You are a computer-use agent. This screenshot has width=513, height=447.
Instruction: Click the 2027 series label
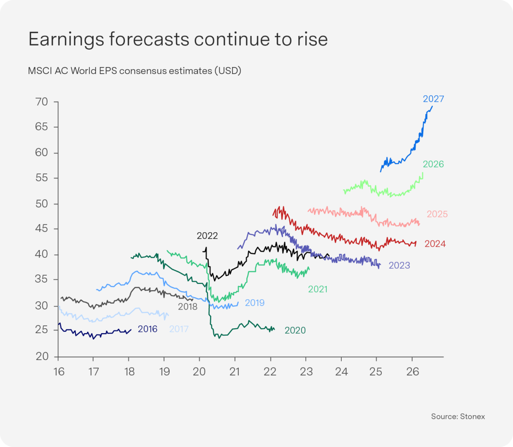(x=433, y=99)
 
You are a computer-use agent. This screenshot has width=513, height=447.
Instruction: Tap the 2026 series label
(x=433, y=164)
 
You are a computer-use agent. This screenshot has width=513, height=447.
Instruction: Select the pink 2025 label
(x=437, y=214)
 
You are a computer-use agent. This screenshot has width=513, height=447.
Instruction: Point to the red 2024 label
(x=435, y=244)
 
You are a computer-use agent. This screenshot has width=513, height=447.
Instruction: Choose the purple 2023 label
(x=399, y=265)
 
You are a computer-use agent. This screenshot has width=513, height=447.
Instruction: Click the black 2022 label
(x=207, y=236)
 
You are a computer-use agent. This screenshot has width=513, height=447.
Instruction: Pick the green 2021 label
(x=318, y=289)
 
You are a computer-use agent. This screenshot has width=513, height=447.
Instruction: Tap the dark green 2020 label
(x=295, y=330)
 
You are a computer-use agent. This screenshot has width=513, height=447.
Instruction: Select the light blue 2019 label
(x=254, y=303)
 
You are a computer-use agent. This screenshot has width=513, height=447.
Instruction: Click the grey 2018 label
(x=187, y=307)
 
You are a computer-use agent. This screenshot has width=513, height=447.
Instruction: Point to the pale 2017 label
(x=179, y=329)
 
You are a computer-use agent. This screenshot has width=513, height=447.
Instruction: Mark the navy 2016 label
(x=147, y=329)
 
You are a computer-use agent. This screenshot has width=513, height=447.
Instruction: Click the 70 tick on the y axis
(x=41, y=102)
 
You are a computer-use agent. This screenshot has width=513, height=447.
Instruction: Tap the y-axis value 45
(x=41, y=228)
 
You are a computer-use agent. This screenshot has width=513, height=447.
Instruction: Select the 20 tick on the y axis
(x=42, y=356)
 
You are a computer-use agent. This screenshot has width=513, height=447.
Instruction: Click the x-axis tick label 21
(x=235, y=372)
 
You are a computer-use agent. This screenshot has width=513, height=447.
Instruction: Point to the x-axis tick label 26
(x=412, y=372)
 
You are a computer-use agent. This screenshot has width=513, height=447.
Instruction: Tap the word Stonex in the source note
(x=472, y=416)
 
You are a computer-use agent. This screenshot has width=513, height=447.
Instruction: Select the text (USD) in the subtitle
(x=228, y=71)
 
